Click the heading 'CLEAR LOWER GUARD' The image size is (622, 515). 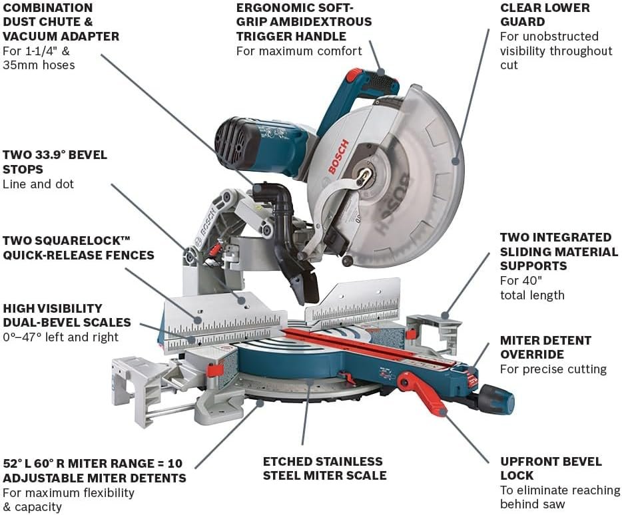tap(545, 15)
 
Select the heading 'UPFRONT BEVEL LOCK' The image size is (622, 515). tap(551, 468)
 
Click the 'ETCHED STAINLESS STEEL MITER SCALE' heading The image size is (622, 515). tap(324, 468)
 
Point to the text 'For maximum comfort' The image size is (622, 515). tap(299, 51)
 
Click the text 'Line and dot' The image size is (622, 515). tap(39, 184)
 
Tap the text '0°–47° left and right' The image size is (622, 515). tap(61, 337)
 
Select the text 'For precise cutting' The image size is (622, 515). tap(553, 369)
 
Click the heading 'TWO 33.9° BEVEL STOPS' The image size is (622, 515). tap(55, 162)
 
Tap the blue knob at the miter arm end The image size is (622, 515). tap(500, 399)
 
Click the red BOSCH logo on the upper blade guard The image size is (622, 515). tap(338, 158)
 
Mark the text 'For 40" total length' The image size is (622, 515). tap(532, 287)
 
